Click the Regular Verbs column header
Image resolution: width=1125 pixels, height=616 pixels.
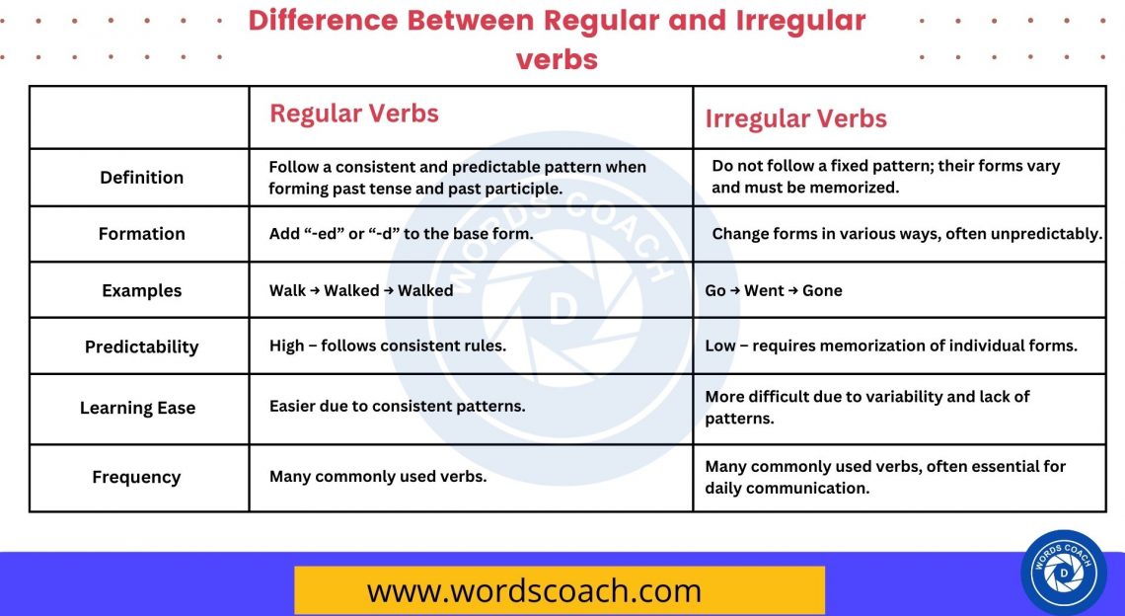coord(354,114)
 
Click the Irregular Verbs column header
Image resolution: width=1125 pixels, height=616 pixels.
coord(795,119)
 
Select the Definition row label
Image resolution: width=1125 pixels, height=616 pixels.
coord(141,178)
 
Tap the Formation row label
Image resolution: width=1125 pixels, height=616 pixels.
coord(141,234)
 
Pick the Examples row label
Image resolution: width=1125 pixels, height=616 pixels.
coord(141,291)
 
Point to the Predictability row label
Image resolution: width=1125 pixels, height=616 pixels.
coord(141,347)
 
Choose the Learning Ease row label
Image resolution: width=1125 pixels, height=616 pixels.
coord(137,408)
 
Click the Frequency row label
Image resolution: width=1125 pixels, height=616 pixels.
coord(136,478)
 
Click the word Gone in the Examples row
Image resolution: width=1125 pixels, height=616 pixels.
coord(822,291)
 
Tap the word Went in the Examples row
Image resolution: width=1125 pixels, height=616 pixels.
coord(764,291)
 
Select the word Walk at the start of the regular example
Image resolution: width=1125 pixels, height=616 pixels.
coord(287,291)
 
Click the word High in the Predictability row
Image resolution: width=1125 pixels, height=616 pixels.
coord(286,346)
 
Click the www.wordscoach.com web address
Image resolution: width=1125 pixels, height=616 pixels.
coord(534,591)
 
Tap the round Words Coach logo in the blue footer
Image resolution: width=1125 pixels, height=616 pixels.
coord(1064,573)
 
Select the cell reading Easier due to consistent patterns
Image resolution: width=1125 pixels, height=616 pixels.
coord(397,407)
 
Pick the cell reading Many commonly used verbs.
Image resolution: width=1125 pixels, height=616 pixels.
coord(377,477)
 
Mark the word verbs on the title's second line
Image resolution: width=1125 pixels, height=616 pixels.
coord(557,58)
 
